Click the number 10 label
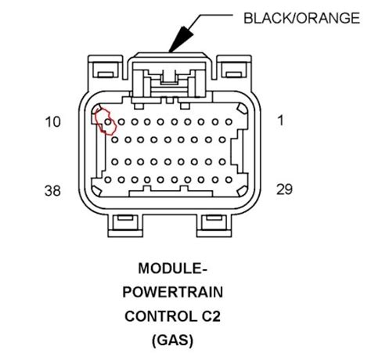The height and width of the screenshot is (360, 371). coord(52,123)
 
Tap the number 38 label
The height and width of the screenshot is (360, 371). coord(52,190)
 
